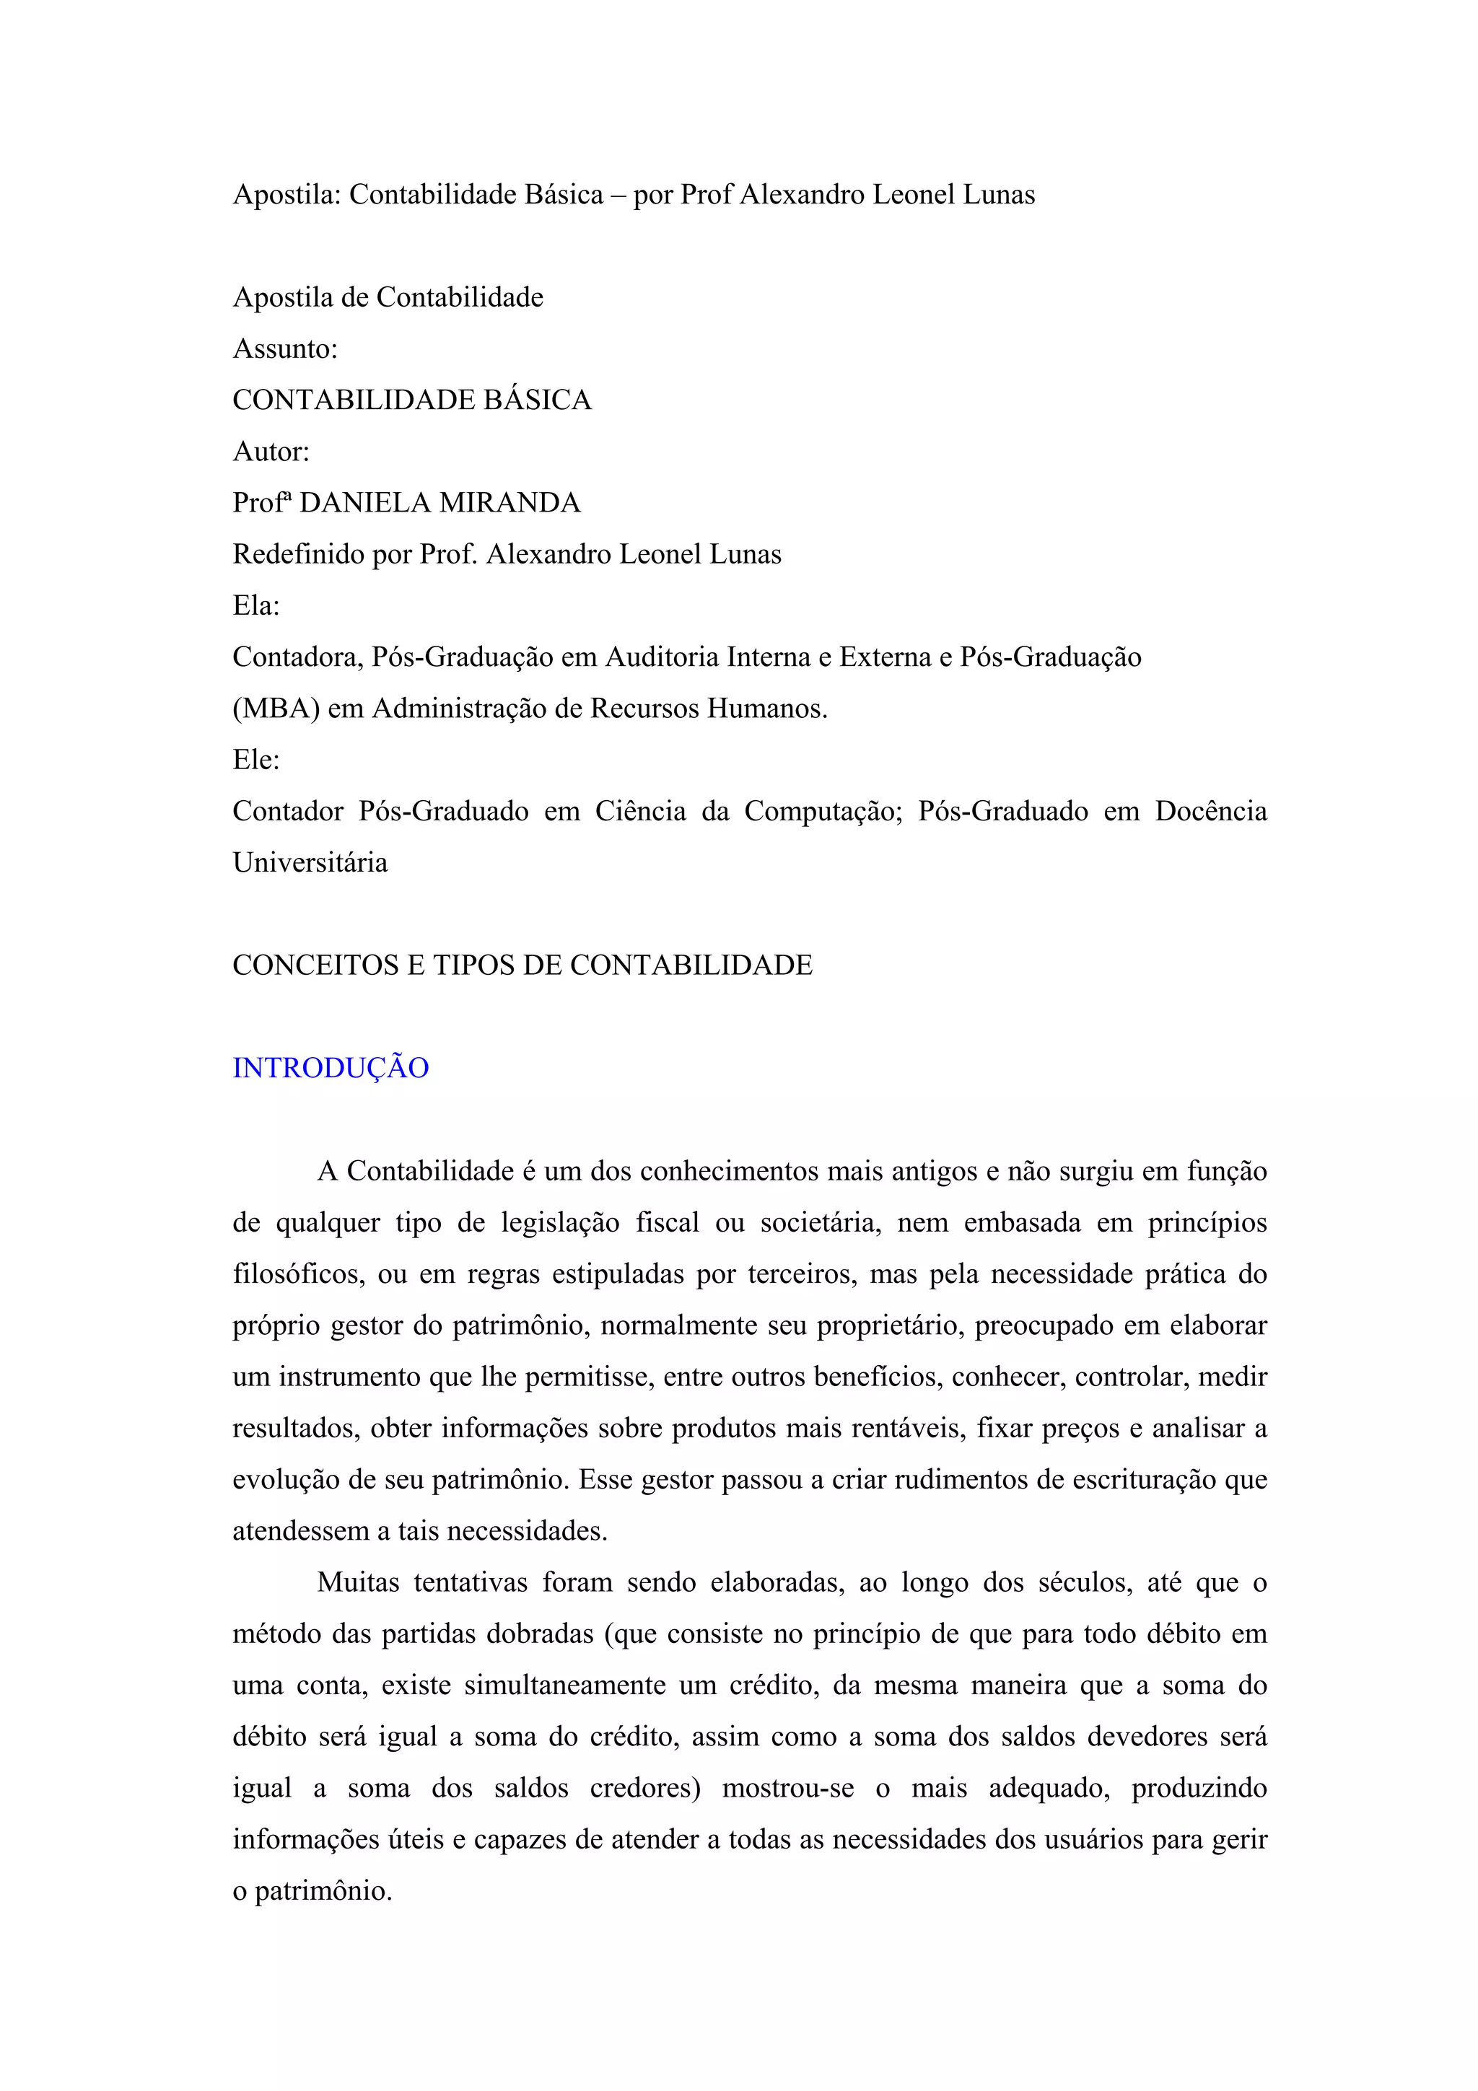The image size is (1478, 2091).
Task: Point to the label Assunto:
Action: click(285, 348)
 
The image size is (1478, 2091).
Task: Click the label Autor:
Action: click(271, 452)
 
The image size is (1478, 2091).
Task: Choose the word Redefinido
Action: click(298, 555)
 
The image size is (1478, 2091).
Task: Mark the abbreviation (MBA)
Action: click(276, 709)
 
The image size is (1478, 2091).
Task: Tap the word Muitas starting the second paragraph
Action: click(358, 1583)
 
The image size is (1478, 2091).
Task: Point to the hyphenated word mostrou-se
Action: click(788, 1789)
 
